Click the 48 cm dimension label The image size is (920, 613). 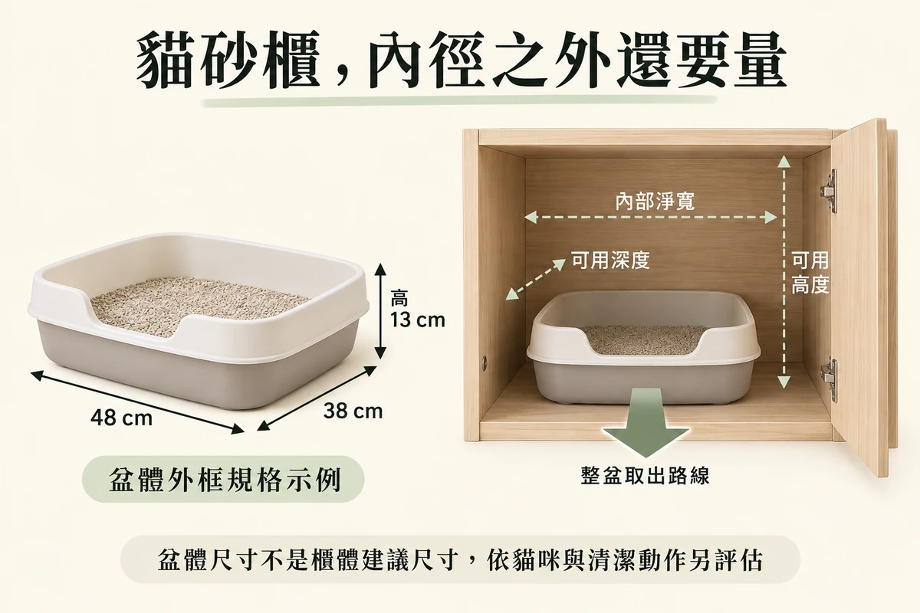[122, 418]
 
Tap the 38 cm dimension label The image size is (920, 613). [353, 411]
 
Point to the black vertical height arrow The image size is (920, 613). [380, 311]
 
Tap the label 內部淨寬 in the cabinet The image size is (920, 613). [655, 201]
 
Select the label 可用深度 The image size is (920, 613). [611, 260]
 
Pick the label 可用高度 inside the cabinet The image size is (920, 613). [810, 273]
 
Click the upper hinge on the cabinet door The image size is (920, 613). [829, 191]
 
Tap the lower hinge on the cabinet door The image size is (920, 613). [829, 379]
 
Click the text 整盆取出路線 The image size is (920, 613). [646, 476]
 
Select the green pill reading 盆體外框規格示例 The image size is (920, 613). [223, 479]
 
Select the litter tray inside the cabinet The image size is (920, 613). [643, 346]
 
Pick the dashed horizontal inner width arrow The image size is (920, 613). [651, 217]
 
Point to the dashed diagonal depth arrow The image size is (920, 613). [535, 280]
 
